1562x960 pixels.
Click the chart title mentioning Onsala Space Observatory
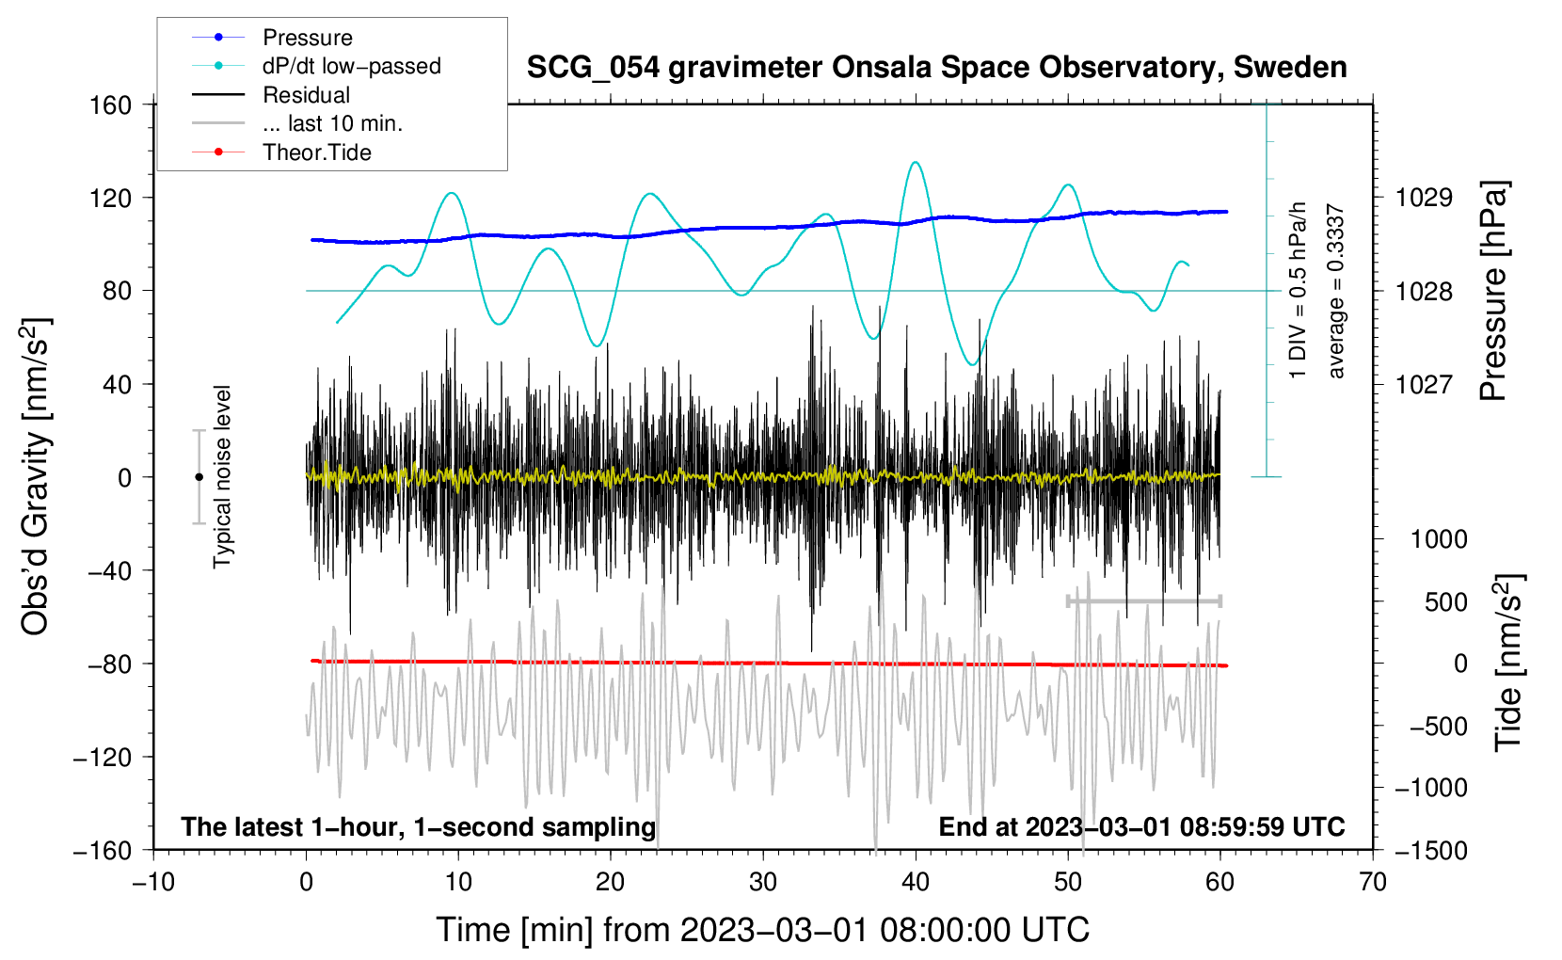(936, 68)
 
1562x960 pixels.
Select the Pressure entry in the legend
(307, 38)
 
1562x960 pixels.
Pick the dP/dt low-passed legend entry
(351, 66)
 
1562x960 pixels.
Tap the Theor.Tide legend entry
(316, 152)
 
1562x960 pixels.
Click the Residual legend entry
(306, 95)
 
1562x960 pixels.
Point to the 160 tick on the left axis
(111, 104)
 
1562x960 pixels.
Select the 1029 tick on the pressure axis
(1424, 198)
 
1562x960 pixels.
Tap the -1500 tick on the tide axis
(1430, 850)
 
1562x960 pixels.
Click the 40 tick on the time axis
(916, 883)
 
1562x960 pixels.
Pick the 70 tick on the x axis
(1373, 883)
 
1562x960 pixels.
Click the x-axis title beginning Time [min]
(762, 930)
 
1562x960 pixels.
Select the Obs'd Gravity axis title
(36, 476)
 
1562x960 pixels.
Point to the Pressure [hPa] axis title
(1493, 292)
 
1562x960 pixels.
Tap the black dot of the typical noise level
(199, 477)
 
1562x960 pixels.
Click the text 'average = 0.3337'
(1336, 292)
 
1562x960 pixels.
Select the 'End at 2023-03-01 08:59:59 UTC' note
(1141, 826)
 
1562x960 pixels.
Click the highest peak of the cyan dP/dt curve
(916, 162)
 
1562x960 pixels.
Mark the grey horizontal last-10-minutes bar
(1144, 600)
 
